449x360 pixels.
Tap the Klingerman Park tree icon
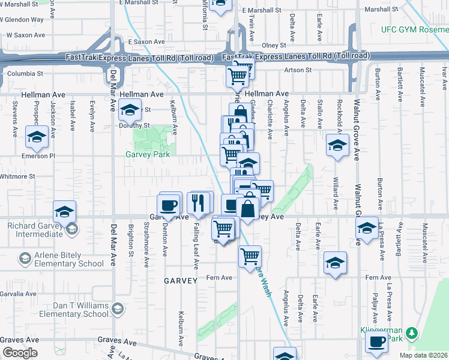(411, 332)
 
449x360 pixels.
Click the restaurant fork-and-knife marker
(200, 202)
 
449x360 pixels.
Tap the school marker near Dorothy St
(129, 110)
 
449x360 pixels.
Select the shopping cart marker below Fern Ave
(250, 257)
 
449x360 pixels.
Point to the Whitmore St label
(17, 176)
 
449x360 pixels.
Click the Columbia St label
(25, 74)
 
